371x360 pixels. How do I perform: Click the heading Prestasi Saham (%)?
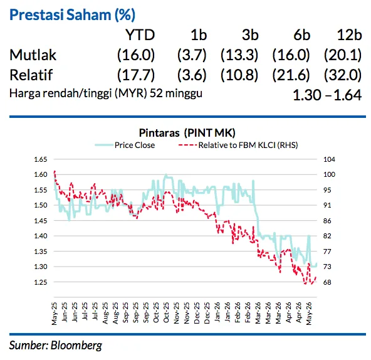tap(72, 14)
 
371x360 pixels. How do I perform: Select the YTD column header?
tap(140, 35)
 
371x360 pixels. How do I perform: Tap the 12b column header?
tap(350, 35)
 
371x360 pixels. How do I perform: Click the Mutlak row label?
tap(33, 55)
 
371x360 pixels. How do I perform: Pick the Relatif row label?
tap(31, 75)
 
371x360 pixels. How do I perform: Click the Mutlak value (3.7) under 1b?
tap(192, 55)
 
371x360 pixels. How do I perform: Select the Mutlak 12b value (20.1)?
tap(343, 55)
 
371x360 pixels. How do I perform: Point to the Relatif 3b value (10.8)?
tap(239, 75)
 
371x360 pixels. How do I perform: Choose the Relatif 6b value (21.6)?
tap(291, 75)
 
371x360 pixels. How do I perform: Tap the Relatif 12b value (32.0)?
tap(343, 75)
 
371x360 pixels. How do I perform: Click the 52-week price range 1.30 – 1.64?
tap(327, 95)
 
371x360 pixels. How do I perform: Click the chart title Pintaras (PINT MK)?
tap(187, 132)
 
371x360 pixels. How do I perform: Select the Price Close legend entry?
tap(125, 145)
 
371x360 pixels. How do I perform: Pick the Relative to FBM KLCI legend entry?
tap(238, 145)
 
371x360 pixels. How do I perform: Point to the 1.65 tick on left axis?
tap(41, 159)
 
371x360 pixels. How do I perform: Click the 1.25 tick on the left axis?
tap(41, 282)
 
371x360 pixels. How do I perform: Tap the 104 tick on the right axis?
tap(330, 159)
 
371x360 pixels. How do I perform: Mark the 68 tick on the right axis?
tap(328, 282)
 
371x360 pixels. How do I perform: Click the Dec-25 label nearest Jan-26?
tap(207, 313)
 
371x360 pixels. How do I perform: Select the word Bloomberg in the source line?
tap(76, 346)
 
